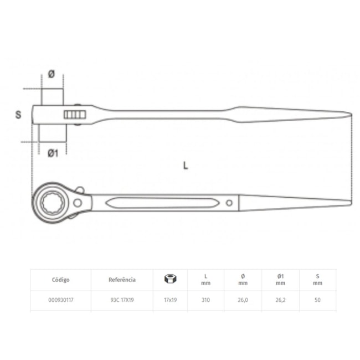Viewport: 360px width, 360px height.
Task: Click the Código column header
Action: point(61,280)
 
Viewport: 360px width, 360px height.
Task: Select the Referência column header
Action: point(122,280)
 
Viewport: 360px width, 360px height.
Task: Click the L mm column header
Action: point(205,280)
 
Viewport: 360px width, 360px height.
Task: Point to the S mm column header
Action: point(317,280)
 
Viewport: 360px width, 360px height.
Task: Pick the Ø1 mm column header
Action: point(280,280)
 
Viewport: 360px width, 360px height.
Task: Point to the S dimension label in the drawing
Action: point(18,115)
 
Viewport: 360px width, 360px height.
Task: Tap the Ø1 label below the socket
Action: point(53,153)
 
